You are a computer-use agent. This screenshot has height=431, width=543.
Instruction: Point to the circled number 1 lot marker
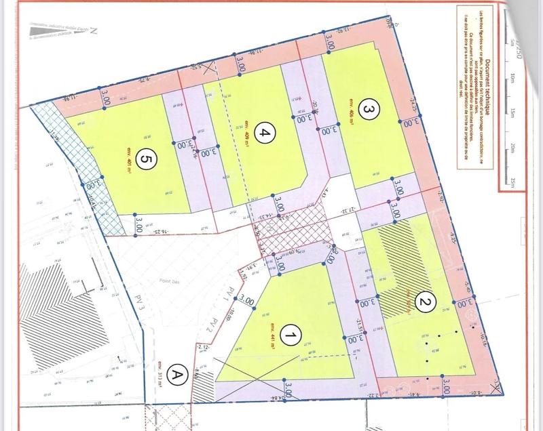click(x=291, y=335)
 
